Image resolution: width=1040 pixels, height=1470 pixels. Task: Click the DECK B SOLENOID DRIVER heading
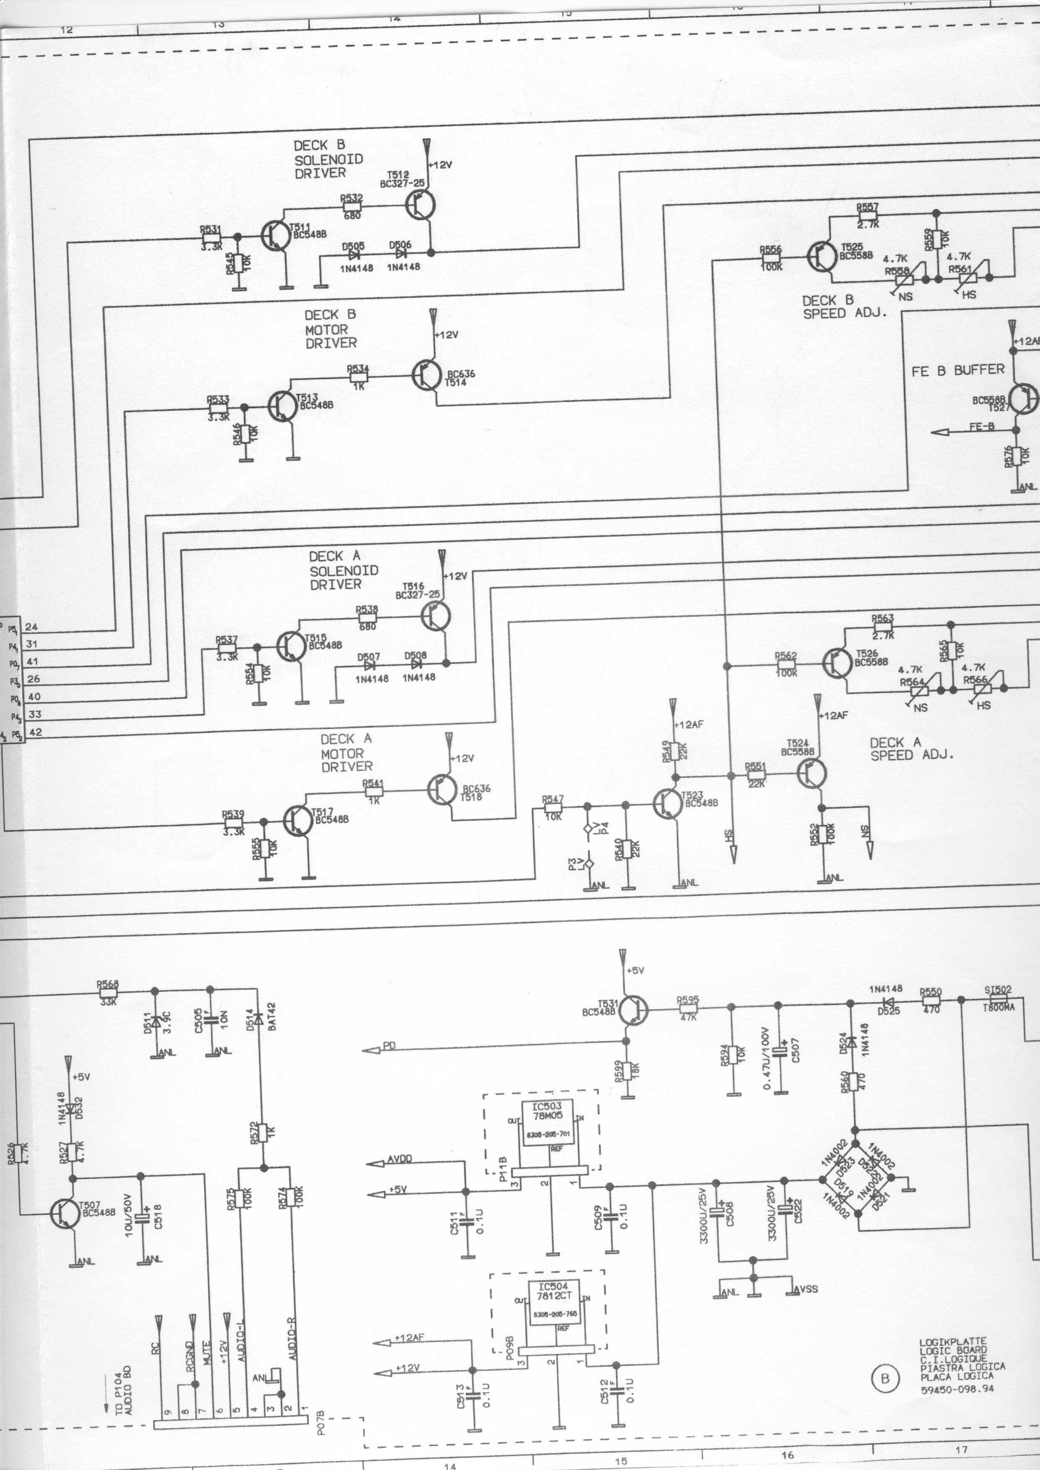tap(328, 159)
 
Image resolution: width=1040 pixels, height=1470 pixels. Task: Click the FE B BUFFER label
tap(957, 370)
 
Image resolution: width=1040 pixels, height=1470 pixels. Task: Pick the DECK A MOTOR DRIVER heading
tap(346, 753)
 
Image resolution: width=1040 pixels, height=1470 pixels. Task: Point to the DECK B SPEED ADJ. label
tap(844, 307)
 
